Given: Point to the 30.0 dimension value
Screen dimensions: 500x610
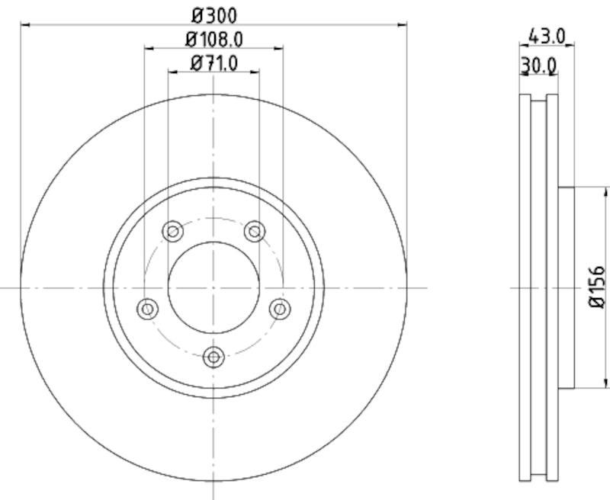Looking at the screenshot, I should (x=538, y=66).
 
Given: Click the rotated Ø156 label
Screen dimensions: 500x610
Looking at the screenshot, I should (x=599, y=287).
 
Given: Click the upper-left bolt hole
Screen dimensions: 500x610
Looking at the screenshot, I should (x=173, y=230).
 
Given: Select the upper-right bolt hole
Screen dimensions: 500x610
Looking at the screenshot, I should (x=254, y=230).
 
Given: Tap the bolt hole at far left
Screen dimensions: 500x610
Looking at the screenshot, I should (x=148, y=309).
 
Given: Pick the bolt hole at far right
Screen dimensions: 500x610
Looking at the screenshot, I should (x=281, y=308).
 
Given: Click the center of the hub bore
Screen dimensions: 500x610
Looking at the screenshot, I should (x=213, y=287).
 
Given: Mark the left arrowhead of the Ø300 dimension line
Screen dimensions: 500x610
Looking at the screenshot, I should (x=24, y=24).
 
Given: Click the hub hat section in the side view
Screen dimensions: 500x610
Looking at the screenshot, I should (x=566, y=287).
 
